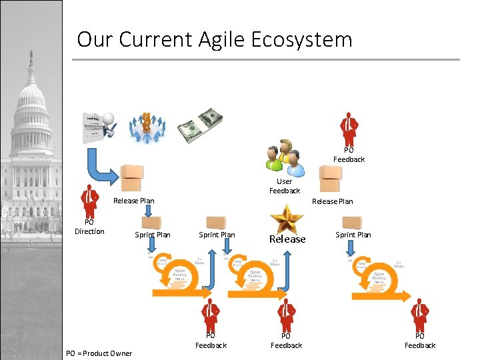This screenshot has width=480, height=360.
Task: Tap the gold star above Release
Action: pos(287,218)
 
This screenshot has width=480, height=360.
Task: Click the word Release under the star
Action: pos(287,239)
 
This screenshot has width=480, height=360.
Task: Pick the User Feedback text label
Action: pos(285,186)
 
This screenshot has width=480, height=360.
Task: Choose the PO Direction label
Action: pos(89,227)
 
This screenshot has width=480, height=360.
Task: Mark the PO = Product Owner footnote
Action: pos(99,353)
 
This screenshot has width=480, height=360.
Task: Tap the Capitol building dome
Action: pos(31,100)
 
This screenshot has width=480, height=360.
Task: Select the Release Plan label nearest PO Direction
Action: pos(134,201)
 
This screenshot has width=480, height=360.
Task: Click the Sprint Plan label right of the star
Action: pos(353,235)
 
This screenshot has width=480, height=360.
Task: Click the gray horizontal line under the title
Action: pos(267,59)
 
